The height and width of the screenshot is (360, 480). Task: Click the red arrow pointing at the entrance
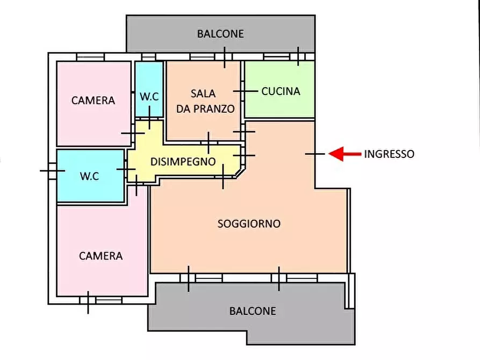[x=344, y=154]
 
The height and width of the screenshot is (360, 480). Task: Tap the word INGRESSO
[x=389, y=154]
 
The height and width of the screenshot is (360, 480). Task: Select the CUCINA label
[x=281, y=91]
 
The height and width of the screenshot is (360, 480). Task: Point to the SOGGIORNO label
[x=249, y=224]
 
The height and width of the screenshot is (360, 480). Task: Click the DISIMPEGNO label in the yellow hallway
[x=183, y=161]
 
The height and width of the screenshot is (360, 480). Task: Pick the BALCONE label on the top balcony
[x=220, y=34]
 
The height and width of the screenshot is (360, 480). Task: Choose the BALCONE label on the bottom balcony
[x=252, y=311]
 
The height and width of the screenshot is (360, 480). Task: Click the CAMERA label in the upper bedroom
[x=93, y=100]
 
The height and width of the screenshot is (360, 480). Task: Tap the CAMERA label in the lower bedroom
[x=101, y=256]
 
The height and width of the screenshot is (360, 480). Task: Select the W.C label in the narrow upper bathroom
[x=149, y=97]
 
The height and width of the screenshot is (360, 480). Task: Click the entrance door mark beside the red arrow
[x=315, y=154]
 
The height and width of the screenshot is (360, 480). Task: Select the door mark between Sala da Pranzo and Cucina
[x=245, y=91]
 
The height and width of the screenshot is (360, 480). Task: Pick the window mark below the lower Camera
[x=88, y=302]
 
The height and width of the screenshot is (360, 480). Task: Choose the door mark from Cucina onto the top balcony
[x=298, y=56]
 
